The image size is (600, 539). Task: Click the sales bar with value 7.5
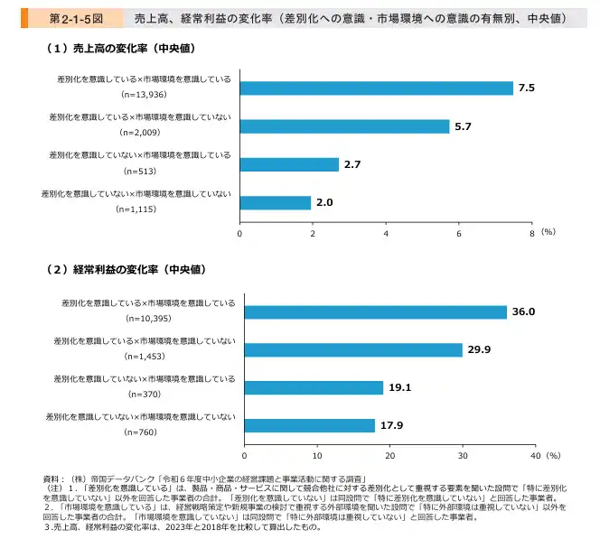click(376, 88)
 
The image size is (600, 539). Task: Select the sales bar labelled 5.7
click(344, 126)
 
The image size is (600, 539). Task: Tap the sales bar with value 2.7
click(289, 164)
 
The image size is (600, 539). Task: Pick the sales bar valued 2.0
click(276, 203)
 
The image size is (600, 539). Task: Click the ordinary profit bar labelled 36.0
click(376, 311)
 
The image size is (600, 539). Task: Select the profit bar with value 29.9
click(353, 349)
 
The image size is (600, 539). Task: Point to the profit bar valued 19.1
click(314, 387)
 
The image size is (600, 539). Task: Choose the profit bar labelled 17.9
click(310, 425)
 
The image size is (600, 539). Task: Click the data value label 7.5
click(527, 88)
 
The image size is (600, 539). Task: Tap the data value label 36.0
click(524, 311)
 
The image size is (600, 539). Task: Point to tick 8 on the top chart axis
click(532, 233)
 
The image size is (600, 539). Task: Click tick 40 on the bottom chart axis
click(535, 455)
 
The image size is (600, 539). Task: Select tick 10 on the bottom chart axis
click(317, 455)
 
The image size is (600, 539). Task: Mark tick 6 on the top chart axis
click(459, 233)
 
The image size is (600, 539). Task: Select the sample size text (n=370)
click(145, 394)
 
